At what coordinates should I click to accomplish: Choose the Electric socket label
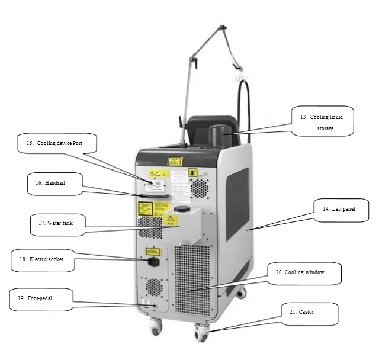pyautogui.click(x=44, y=259)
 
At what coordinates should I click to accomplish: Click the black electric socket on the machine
pyautogui.click(x=152, y=260)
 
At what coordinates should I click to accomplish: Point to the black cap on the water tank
pyautogui.click(x=182, y=209)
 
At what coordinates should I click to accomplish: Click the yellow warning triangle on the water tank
pyautogui.click(x=171, y=220)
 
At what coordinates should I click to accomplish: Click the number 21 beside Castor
pyautogui.click(x=293, y=312)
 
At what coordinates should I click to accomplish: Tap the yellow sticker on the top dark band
pyautogui.click(x=174, y=160)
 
